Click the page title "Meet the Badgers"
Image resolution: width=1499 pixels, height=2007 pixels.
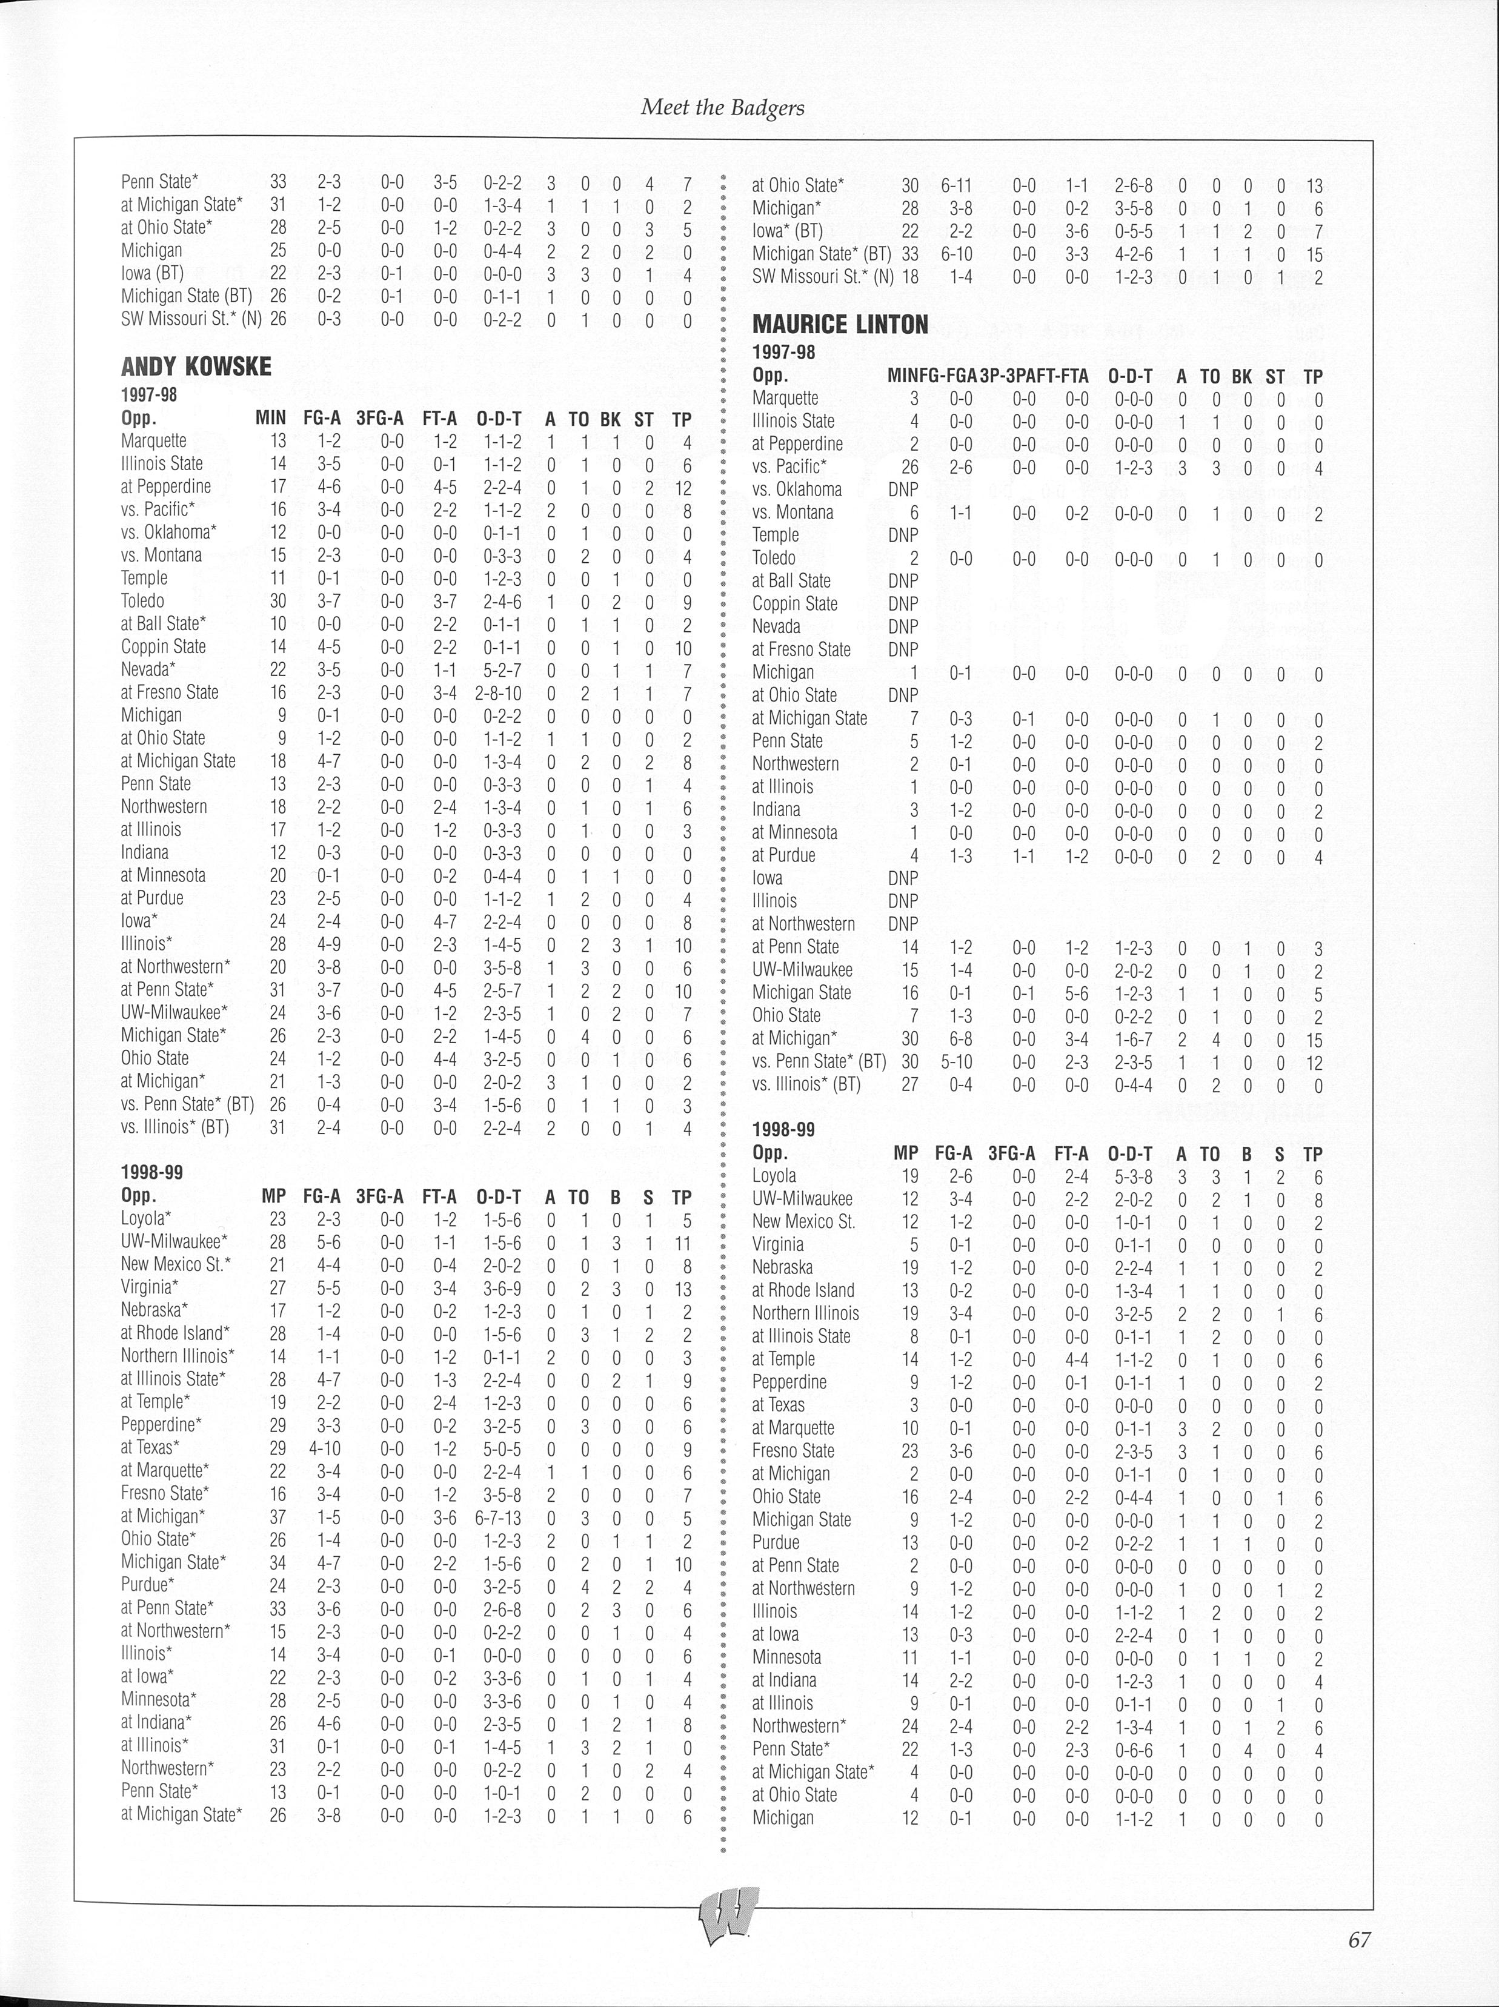[x=722, y=107]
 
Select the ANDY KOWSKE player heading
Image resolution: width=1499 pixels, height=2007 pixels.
[x=196, y=367]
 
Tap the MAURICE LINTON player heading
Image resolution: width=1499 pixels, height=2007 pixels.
[x=840, y=325]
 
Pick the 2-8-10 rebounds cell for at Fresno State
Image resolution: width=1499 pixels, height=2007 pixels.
[x=498, y=692]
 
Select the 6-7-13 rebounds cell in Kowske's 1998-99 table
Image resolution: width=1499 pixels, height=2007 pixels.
[x=498, y=1516]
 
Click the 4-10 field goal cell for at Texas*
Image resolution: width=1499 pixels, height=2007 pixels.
[x=322, y=1447]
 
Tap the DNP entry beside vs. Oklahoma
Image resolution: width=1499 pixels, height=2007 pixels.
[x=903, y=490]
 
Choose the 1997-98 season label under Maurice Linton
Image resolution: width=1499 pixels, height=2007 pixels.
[x=784, y=352]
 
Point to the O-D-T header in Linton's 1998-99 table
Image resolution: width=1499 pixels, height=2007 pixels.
[x=1129, y=1153]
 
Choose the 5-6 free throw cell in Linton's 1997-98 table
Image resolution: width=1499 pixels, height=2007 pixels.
[x=1076, y=993]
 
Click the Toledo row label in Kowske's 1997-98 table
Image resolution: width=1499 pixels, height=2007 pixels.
[x=142, y=601]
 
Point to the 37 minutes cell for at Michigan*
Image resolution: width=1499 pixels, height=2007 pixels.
[x=278, y=1516]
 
